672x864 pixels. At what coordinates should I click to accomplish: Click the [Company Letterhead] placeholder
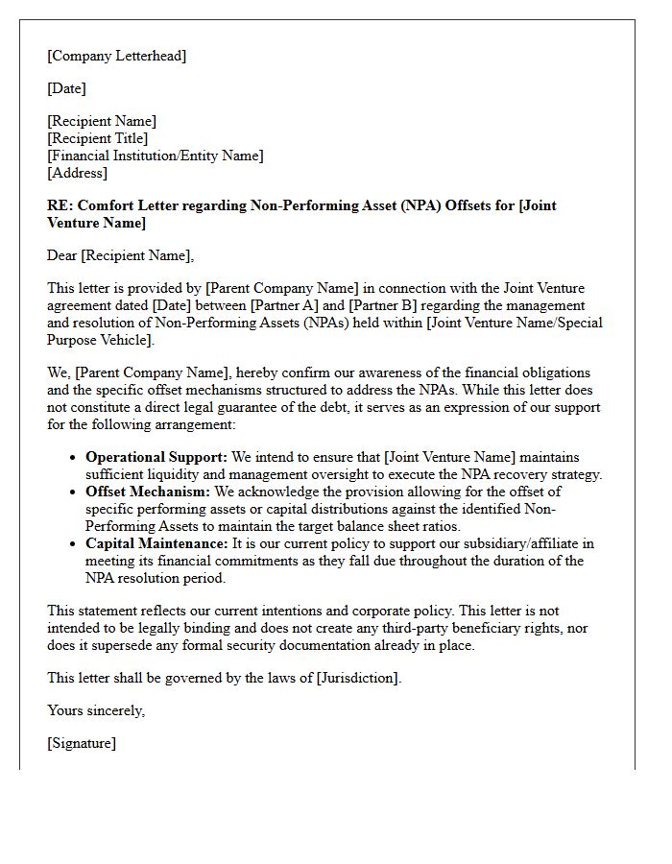click(x=117, y=56)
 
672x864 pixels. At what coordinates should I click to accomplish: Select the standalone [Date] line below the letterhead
click(x=66, y=88)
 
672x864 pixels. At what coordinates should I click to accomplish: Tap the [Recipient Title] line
click(x=97, y=138)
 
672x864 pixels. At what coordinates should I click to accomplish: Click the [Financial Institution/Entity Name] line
click(x=155, y=156)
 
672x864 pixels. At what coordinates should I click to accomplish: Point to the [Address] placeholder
click(x=77, y=173)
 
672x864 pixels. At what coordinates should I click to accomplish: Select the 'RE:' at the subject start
click(x=60, y=205)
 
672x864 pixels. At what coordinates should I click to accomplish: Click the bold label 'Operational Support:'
click(x=156, y=457)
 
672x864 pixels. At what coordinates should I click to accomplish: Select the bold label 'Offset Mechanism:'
click(x=147, y=492)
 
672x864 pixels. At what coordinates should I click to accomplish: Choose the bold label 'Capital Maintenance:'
click(x=156, y=543)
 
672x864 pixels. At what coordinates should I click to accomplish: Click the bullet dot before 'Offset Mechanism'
click(x=73, y=492)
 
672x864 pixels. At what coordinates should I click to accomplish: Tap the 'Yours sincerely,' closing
click(x=96, y=710)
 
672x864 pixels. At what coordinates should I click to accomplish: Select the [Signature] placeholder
click(x=82, y=743)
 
